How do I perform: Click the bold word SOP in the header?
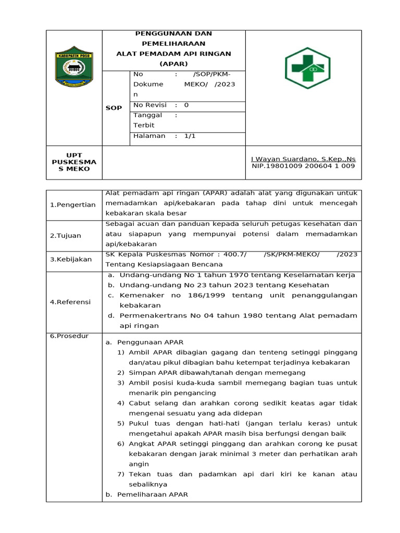(114, 108)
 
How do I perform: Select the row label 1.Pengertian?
(73, 205)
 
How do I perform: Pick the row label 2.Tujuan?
(66, 235)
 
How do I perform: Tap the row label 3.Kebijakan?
(71, 259)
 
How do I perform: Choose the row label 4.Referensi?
(70, 302)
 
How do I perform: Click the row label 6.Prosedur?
(69, 336)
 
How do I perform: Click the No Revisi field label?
(149, 105)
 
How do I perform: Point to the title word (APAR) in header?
(173, 64)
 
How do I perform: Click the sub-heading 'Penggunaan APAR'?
(150, 342)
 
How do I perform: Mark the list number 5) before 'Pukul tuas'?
(120, 424)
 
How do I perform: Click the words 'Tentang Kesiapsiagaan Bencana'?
(157, 264)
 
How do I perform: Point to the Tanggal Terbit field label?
(148, 120)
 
